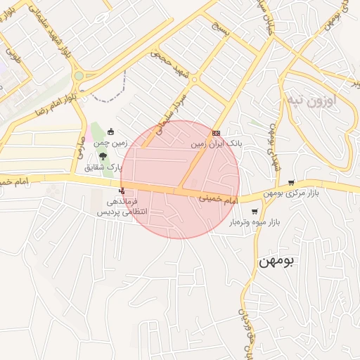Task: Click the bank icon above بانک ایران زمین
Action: (216, 133)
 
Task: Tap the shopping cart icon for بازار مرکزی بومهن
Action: (291, 183)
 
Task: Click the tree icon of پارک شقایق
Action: (103, 157)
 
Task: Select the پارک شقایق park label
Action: (103, 167)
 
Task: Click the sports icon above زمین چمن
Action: (111, 130)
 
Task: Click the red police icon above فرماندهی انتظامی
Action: (122, 190)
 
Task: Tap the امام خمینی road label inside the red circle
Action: (219, 200)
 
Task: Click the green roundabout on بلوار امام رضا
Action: (79, 76)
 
